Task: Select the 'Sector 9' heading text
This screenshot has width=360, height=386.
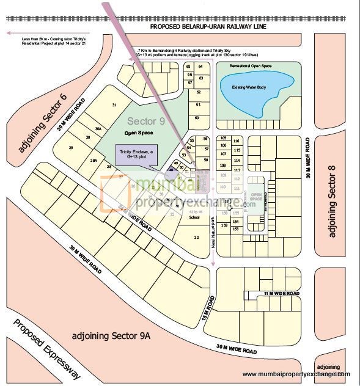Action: (x=144, y=122)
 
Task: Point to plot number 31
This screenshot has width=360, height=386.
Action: (x=114, y=105)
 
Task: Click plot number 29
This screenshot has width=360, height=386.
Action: (x=71, y=148)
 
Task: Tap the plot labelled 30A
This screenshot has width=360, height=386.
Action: (x=98, y=129)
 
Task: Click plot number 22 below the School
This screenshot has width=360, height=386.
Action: (x=196, y=237)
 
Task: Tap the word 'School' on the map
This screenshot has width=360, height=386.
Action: (x=194, y=217)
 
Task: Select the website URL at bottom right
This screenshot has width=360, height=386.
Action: (x=296, y=374)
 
